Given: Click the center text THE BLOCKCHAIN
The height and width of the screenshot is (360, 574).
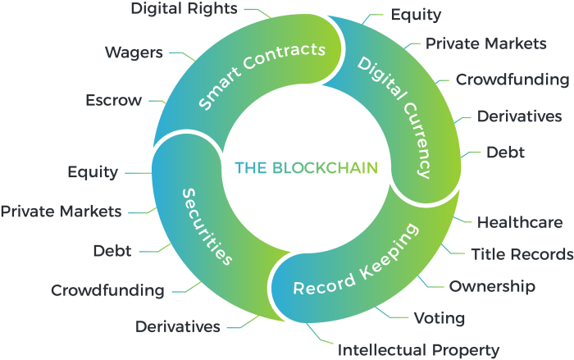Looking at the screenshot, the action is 306,168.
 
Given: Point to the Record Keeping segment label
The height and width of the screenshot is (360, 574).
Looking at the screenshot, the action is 356,260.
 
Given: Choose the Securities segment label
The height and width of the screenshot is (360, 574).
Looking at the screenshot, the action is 207,226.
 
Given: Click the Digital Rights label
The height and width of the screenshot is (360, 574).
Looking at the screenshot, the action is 184,8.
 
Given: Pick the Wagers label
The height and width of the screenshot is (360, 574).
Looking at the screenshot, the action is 134,52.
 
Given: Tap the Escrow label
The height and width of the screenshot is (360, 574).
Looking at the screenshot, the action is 113,100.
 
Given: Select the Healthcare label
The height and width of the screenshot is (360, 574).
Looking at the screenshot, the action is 520,222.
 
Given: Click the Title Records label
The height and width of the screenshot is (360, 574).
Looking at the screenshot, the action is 522,254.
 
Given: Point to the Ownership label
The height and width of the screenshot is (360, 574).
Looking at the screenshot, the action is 492,286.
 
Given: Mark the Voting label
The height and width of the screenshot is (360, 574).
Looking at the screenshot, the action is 440,318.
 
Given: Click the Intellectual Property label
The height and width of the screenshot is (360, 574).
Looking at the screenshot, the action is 418,350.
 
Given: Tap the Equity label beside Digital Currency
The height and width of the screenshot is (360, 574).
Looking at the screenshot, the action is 416,15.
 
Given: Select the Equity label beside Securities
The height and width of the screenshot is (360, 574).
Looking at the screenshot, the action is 93,172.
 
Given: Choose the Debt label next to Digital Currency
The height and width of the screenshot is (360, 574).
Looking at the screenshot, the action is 505,152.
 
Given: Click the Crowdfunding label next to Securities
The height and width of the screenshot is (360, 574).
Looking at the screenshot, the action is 107,290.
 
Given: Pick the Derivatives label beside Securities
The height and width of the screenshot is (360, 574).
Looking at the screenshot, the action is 178,326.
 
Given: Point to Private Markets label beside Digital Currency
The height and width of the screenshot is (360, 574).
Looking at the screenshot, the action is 485,43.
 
